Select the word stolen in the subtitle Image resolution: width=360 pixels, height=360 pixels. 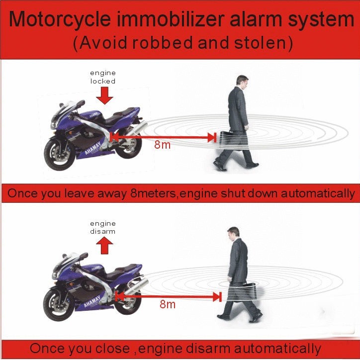click(260, 42)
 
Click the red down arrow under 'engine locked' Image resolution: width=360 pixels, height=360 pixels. click(104, 95)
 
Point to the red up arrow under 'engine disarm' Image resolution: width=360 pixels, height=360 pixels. click(104, 246)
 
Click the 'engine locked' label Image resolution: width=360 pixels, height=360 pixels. click(102, 77)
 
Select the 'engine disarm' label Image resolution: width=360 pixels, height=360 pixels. click(102, 227)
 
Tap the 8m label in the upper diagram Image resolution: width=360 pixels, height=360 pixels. click(162, 145)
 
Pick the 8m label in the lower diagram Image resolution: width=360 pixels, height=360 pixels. click(168, 304)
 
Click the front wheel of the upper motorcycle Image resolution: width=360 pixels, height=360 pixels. click(60, 154)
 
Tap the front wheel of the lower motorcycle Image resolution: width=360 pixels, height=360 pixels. click(59, 304)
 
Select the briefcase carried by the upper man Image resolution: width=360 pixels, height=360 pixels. click(234, 140)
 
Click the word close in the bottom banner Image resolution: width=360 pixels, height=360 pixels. click(112, 348)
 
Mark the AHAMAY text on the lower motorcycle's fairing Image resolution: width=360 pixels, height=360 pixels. click(92, 301)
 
